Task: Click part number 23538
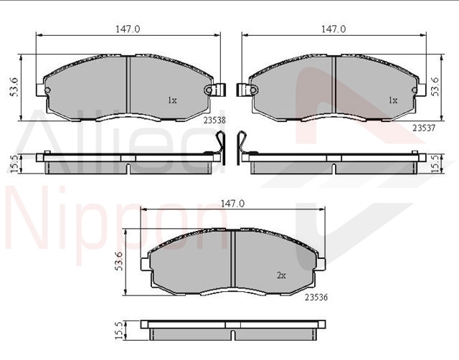215,120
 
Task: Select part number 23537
424,128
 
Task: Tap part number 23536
316,298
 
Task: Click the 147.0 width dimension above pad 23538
128,29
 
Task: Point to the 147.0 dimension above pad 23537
333,29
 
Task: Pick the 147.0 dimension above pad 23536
232,204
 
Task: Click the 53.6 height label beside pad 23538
14,87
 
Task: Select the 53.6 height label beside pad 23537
435,87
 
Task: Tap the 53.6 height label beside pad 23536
119,261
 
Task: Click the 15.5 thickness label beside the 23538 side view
14,164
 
